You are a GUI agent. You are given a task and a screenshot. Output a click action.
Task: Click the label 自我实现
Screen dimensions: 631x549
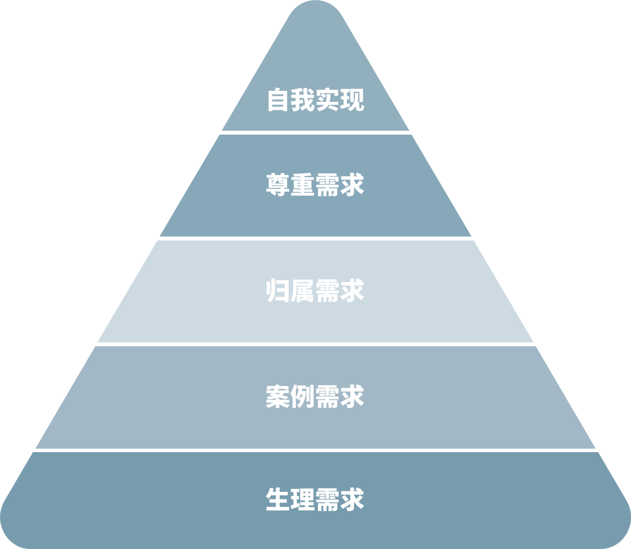point(315,100)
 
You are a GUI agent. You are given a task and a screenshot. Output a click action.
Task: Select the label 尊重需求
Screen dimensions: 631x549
point(315,185)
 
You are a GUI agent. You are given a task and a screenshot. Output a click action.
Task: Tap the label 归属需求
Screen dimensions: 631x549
point(315,291)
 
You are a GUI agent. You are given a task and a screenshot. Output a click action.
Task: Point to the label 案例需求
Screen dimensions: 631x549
point(315,396)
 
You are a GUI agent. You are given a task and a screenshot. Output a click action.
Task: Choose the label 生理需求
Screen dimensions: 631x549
point(315,500)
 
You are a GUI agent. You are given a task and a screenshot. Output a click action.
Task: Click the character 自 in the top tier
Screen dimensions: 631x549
point(278,100)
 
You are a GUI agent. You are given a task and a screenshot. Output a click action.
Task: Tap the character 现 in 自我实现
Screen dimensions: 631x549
point(353,100)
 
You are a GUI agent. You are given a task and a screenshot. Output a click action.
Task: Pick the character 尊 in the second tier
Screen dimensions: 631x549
point(278,185)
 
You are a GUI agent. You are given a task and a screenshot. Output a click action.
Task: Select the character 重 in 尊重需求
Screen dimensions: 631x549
point(303,185)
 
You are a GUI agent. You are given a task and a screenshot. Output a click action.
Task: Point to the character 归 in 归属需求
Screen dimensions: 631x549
point(278,291)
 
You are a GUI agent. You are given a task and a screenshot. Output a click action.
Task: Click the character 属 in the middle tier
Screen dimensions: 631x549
point(303,291)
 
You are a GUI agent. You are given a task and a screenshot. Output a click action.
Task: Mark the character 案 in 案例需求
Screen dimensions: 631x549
point(278,396)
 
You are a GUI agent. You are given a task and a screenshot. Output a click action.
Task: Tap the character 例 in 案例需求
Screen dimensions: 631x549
point(303,396)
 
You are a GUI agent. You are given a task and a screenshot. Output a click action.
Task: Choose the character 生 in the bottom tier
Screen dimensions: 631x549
point(278,500)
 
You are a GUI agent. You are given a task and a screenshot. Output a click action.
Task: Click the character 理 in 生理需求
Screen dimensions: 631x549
point(303,500)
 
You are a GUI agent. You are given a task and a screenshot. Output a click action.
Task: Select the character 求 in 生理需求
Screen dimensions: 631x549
point(353,500)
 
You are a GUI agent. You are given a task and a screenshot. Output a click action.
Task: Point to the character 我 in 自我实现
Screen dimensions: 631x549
point(303,100)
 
